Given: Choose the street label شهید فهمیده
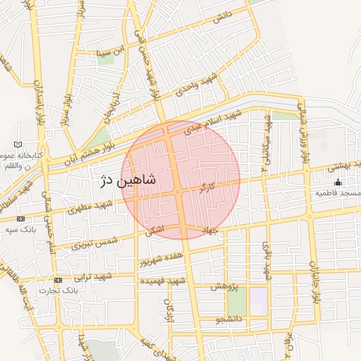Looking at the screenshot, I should coord(162,281).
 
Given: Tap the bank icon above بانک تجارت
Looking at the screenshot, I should coord(58,280).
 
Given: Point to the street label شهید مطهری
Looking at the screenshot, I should coord(92,205).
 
